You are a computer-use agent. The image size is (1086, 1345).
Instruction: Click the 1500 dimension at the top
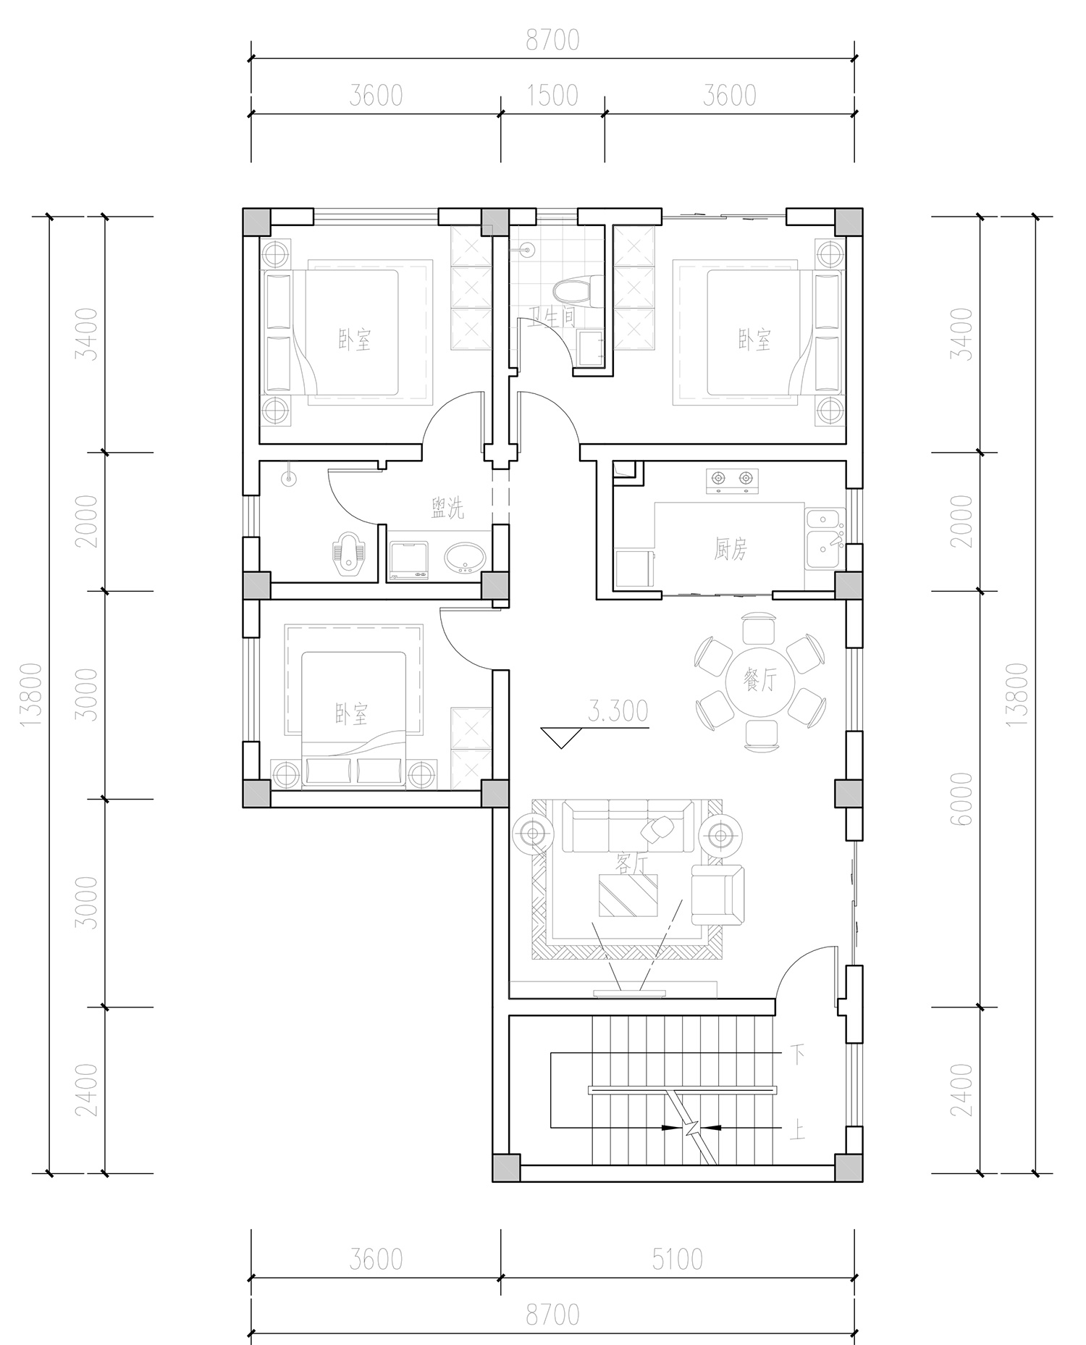[x=552, y=95]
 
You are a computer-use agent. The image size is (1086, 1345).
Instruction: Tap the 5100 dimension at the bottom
[x=677, y=1260]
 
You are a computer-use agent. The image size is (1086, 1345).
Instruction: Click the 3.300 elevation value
[x=617, y=711]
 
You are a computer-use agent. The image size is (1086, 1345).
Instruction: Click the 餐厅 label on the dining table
[x=759, y=681]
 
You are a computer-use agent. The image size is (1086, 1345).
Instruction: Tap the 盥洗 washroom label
[x=447, y=508]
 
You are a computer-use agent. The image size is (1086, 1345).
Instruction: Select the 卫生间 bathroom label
[x=552, y=317]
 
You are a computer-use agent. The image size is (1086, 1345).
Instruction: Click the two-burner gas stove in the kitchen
[x=731, y=482]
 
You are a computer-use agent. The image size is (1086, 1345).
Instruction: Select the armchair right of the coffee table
[x=717, y=895]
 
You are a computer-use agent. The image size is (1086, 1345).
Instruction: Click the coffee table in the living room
[x=628, y=896]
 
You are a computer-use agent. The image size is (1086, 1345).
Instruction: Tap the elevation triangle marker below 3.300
[x=561, y=737]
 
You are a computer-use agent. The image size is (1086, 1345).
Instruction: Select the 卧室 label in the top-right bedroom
[x=754, y=339]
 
